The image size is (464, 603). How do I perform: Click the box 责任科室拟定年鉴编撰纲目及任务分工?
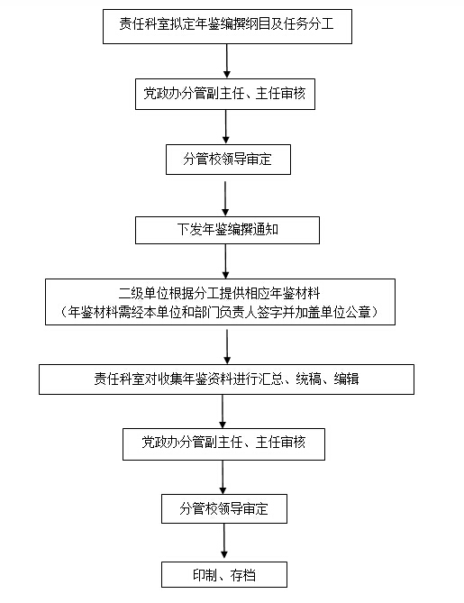pos(227,26)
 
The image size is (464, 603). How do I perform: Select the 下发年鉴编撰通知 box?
pos(227,230)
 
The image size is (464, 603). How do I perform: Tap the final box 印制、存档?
pos(224,574)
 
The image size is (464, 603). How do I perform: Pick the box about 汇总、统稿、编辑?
pos(226,379)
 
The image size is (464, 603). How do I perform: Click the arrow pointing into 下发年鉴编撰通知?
pos(225,199)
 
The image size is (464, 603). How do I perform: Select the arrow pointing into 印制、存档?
pos(224,541)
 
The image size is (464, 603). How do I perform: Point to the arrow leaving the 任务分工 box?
pos(227,60)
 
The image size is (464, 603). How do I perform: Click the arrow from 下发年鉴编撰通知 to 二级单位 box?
pos(225,261)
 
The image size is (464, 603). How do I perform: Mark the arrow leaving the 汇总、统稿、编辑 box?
pos(223,411)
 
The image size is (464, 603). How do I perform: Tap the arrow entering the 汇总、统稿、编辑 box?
pos(227,346)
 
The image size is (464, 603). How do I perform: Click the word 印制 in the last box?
pos(205,575)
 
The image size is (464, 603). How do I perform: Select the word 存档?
pos(243,575)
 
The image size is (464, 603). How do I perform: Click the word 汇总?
pos(271,379)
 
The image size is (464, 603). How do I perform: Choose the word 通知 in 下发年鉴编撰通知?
pos(265,230)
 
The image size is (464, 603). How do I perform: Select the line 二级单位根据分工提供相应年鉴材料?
pos(219,294)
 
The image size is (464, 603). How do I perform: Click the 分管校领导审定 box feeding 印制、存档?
pos(224,508)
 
